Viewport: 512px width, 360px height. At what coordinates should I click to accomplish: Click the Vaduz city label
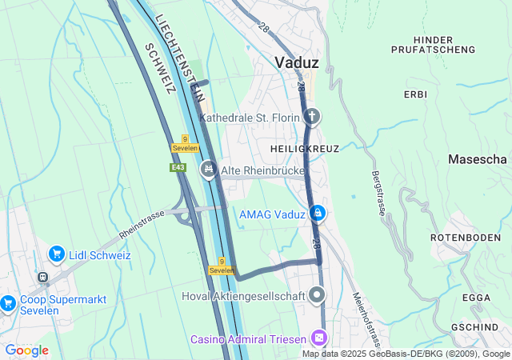297,62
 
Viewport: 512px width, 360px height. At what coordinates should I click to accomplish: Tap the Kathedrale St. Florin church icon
312,118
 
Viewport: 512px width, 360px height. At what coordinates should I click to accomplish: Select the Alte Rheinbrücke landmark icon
209,168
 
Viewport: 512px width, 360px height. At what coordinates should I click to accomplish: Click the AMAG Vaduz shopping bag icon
318,213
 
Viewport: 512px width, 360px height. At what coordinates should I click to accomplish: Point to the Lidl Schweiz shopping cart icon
56,254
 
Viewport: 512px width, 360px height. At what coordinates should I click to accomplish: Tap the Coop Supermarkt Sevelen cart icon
8,302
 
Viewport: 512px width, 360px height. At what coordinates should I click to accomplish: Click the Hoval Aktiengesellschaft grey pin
318,295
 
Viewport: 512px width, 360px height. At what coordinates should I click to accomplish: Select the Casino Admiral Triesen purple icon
319,338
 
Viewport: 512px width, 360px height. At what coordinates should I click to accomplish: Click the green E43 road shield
178,167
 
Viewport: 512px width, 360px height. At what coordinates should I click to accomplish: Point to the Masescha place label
478,159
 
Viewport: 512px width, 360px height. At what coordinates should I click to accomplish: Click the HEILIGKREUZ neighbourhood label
305,149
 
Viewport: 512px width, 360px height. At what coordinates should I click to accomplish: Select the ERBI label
416,94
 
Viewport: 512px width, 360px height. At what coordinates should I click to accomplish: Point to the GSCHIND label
475,328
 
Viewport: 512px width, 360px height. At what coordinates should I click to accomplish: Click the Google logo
26,350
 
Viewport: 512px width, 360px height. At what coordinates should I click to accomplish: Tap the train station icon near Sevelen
42,277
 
